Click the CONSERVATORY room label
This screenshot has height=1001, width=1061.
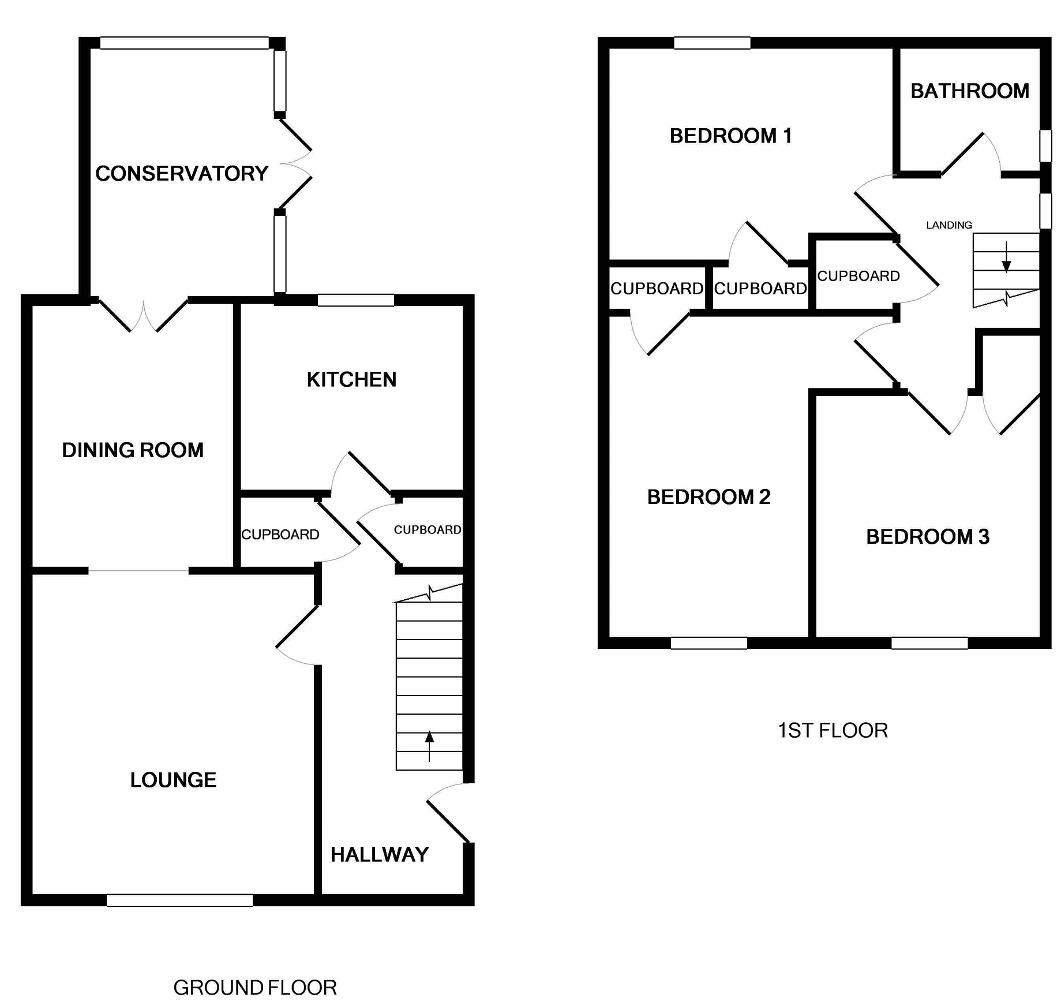pyautogui.click(x=182, y=173)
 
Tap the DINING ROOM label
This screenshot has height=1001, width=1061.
pyautogui.click(x=133, y=450)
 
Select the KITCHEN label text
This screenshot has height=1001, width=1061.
pyautogui.click(x=351, y=379)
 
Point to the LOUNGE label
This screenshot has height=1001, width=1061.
pyautogui.click(x=173, y=780)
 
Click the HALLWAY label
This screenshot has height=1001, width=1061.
pyautogui.click(x=380, y=854)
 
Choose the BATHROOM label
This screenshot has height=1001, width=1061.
pyautogui.click(x=970, y=91)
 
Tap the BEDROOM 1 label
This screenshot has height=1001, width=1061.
pyautogui.click(x=730, y=136)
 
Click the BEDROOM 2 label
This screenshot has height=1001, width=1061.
pyautogui.click(x=708, y=496)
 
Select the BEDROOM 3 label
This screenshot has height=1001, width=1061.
pyautogui.click(x=928, y=536)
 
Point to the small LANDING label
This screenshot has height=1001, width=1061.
pyautogui.click(x=949, y=225)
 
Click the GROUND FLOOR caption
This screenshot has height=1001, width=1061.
pyautogui.click(x=255, y=988)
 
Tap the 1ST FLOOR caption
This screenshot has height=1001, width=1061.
pyautogui.click(x=833, y=730)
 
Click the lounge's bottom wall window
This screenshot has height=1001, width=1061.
pyautogui.click(x=179, y=900)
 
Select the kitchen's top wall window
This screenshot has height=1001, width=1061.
pyautogui.click(x=355, y=300)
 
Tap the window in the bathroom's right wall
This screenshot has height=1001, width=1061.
pyautogui.click(x=1045, y=145)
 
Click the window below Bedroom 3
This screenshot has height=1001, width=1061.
pyautogui.click(x=929, y=643)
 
